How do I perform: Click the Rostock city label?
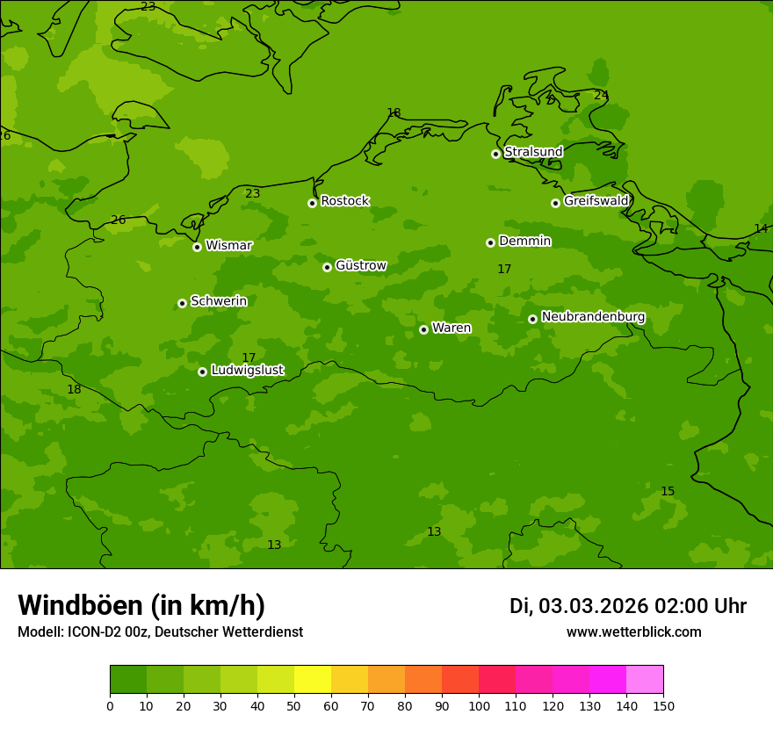(x=344, y=201)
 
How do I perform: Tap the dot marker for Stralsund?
(x=495, y=154)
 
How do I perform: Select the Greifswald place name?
(x=596, y=201)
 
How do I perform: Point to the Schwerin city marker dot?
(x=182, y=303)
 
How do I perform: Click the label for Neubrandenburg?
(x=593, y=317)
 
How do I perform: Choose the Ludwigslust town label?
(x=247, y=371)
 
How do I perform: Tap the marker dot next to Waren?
(x=423, y=329)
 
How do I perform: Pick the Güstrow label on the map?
(x=360, y=265)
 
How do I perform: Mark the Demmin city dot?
(x=490, y=242)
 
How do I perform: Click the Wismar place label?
(x=228, y=245)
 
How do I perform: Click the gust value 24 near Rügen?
(x=601, y=96)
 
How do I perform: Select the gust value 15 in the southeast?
(x=668, y=492)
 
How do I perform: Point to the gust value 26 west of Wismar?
(x=119, y=220)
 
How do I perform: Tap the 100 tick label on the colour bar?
(x=479, y=706)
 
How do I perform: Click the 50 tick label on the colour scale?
(x=294, y=706)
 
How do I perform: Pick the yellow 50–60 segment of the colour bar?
(x=313, y=680)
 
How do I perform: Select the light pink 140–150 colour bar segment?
(x=645, y=680)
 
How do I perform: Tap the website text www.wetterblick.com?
(x=633, y=632)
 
